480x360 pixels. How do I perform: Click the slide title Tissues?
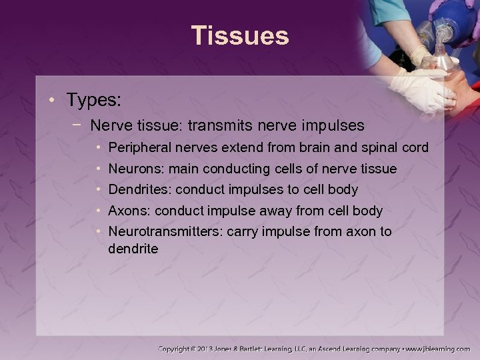click(240, 35)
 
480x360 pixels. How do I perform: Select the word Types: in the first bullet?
click(93, 101)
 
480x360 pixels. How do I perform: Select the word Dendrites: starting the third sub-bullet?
click(139, 189)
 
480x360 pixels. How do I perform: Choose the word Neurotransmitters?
click(165, 231)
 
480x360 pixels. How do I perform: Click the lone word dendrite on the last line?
click(133, 249)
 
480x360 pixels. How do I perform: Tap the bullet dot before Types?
click(53, 101)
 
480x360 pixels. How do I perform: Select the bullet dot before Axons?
click(98, 211)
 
